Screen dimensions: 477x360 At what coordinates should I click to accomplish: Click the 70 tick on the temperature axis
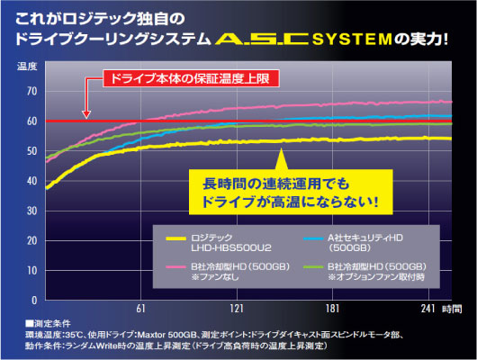click(31, 91)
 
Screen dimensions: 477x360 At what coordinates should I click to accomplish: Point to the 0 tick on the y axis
click(34, 300)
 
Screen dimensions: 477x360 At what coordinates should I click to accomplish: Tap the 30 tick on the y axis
click(31, 211)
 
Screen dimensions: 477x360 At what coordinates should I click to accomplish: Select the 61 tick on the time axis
click(140, 309)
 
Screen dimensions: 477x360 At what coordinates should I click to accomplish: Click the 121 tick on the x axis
click(237, 309)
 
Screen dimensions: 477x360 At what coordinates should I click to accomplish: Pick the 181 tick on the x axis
click(332, 309)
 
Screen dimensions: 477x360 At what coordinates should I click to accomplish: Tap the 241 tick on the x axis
click(428, 309)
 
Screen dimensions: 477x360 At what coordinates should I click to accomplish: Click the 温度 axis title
click(27, 67)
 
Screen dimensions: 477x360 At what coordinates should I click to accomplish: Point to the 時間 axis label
click(452, 309)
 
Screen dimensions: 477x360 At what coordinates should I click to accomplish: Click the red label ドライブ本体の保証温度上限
click(191, 79)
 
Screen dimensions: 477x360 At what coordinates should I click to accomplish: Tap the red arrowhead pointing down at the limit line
click(86, 114)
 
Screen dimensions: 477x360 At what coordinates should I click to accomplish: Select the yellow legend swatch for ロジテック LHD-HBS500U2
click(175, 238)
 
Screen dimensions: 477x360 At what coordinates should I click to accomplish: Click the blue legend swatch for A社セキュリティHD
click(313, 238)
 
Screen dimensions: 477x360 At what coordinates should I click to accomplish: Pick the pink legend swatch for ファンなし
click(175, 267)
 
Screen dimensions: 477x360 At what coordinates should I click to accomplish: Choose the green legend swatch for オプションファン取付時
click(313, 267)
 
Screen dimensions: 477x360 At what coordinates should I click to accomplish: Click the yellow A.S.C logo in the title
click(262, 39)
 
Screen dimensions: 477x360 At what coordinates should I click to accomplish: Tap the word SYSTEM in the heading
click(352, 40)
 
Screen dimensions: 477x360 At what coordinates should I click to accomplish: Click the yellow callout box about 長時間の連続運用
click(291, 192)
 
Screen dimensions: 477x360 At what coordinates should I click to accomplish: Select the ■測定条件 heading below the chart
click(48, 323)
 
